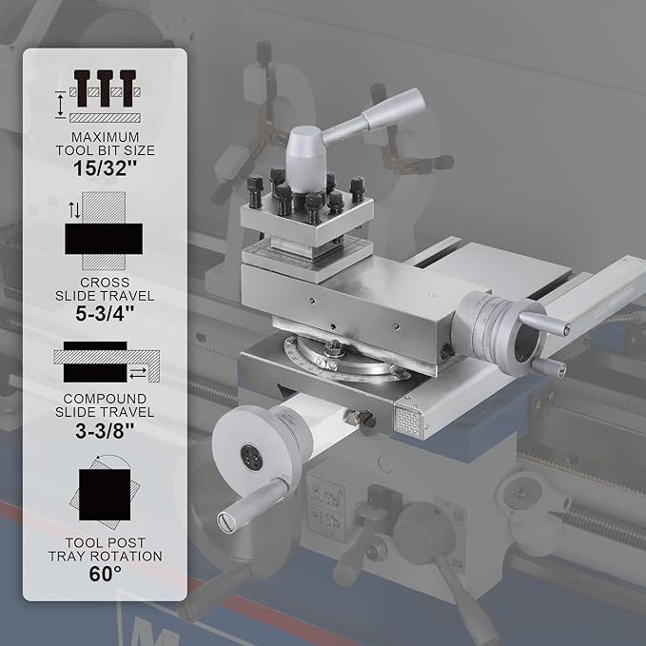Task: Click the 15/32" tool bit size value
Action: tap(105, 168)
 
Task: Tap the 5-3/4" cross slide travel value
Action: tap(105, 314)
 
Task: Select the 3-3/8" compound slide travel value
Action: tap(105, 431)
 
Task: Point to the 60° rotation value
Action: tap(105, 574)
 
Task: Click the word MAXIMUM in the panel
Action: tap(105, 137)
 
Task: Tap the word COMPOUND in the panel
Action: tap(105, 399)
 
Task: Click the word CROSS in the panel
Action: tap(105, 283)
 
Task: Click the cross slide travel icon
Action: tap(104, 230)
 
